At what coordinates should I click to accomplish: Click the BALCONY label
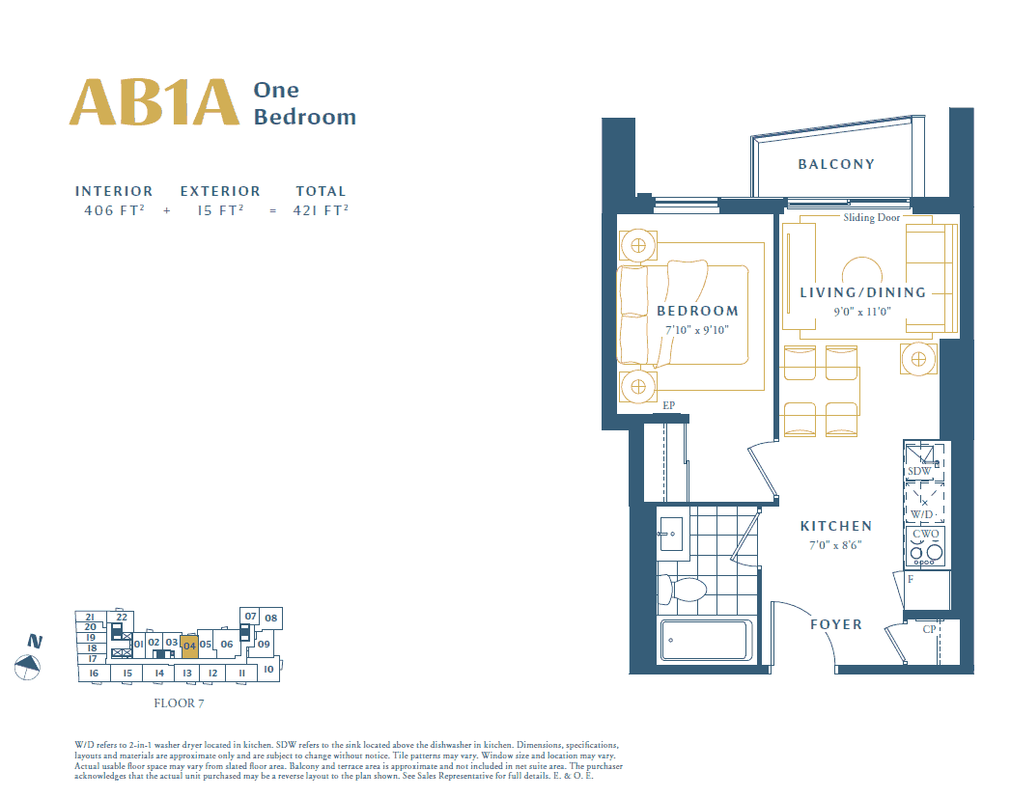[836, 164]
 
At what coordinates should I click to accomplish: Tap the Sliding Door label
[871, 218]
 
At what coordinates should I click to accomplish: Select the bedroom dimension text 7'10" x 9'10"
[697, 330]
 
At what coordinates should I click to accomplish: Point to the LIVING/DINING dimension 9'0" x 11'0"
[862, 312]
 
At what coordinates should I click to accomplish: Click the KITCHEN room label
[836, 526]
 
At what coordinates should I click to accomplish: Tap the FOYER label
[836, 624]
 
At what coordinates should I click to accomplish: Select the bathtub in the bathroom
[706, 640]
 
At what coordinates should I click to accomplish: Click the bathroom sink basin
[671, 534]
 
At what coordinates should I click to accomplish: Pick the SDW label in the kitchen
[919, 471]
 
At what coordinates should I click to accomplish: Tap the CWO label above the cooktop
[926, 534]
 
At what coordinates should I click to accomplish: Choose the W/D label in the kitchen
[922, 514]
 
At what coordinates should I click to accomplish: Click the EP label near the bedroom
[668, 405]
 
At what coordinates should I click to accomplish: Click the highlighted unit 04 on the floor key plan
[189, 646]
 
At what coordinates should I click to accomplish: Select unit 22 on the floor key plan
[122, 617]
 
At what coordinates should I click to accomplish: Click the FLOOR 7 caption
[179, 703]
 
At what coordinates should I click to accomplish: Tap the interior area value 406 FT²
[114, 210]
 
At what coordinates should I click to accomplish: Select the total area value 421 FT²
[321, 210]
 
